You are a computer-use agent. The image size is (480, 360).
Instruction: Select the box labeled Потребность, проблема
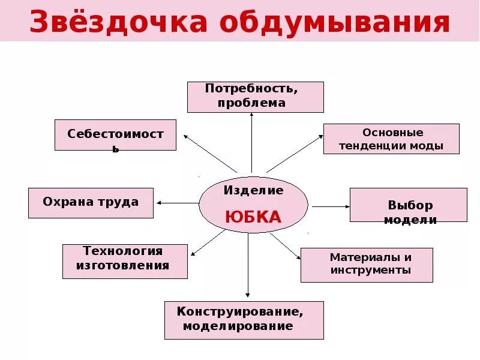[255, 97]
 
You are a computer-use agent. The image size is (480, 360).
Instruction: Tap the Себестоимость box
[115, 135]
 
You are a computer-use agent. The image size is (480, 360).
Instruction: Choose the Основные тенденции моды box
[391, 139]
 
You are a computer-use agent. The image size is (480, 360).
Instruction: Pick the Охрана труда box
[91, 203]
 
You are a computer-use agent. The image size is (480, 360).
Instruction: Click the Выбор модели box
[408, 205]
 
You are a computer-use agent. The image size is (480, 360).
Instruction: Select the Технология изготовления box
[125, 261]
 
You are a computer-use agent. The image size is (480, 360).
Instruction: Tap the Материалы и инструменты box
[366, 265]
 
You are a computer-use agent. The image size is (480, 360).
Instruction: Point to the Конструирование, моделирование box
[244, 320]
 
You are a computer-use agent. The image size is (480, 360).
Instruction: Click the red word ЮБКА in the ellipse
[253, 217]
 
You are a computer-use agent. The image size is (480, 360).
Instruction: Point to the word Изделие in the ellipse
[254, 191]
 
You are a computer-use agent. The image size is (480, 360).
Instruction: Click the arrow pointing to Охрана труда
[178, 203]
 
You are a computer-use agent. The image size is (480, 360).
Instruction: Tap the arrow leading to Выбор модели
[331, 206]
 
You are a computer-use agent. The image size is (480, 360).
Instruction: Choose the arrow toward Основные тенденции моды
[295, 154]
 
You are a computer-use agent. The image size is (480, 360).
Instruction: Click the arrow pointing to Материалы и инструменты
[285, 245]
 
